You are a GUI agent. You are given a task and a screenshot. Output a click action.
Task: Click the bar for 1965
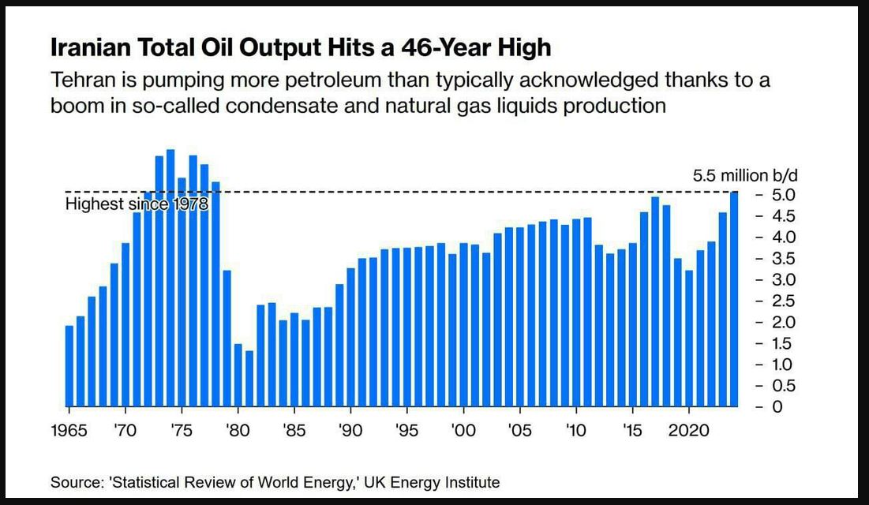69,366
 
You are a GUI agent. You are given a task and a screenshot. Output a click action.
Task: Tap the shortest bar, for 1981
249,379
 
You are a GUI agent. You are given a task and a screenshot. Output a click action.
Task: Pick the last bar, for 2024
734,300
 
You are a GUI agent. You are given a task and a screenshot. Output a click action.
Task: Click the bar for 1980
238,376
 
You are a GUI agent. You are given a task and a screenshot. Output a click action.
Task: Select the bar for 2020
689,339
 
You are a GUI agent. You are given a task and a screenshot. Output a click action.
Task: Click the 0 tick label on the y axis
777,407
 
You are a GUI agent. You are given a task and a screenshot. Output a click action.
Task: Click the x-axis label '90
350,432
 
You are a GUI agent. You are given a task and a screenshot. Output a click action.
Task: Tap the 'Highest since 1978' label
136,205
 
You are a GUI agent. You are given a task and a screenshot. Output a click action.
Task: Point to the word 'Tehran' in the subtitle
81,80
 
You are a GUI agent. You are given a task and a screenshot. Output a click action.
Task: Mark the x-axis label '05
519,432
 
